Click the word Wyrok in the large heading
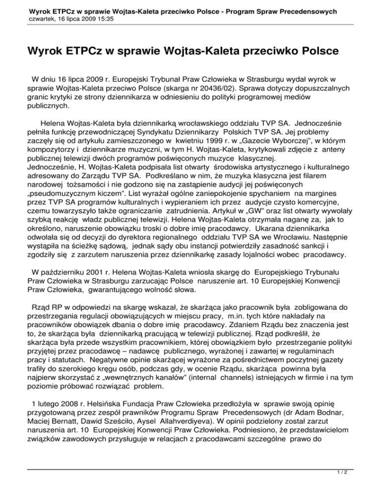pos(32,51)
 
